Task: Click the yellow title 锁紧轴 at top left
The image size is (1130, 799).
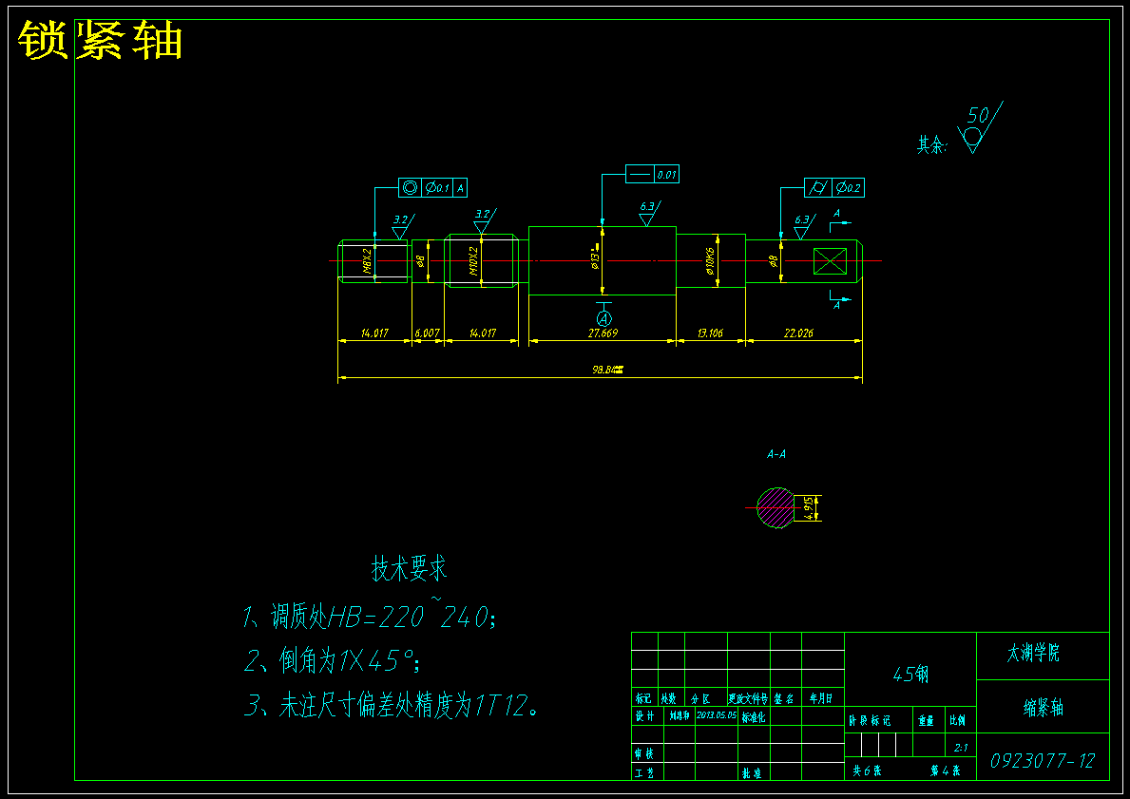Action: [100, 41]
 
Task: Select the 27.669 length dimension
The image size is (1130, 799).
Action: [603, 333]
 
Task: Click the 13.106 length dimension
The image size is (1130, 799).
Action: [710, 333]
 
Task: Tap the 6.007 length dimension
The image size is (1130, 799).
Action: [428, 333]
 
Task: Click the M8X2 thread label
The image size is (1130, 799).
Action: [367, 261]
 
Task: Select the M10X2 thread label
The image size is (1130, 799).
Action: [473, 261]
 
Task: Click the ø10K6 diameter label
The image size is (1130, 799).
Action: [710, 260]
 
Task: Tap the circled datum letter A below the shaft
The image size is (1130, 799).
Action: [603, 316]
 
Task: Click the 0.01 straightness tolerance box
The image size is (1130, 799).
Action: [666, 175]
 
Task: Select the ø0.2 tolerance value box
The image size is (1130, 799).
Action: [849, 188]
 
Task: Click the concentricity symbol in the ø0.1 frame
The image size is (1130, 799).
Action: [410, 188]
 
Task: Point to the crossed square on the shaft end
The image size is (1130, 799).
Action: [830, 260]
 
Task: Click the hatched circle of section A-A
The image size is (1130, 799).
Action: [775, 508]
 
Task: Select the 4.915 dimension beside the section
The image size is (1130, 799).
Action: [809, 507]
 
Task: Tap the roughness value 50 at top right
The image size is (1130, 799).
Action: [977, 117]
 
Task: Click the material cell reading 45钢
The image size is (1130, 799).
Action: [910, 675]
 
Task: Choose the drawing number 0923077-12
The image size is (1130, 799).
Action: [1043, 761]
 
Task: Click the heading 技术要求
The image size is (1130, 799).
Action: [409, 569]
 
